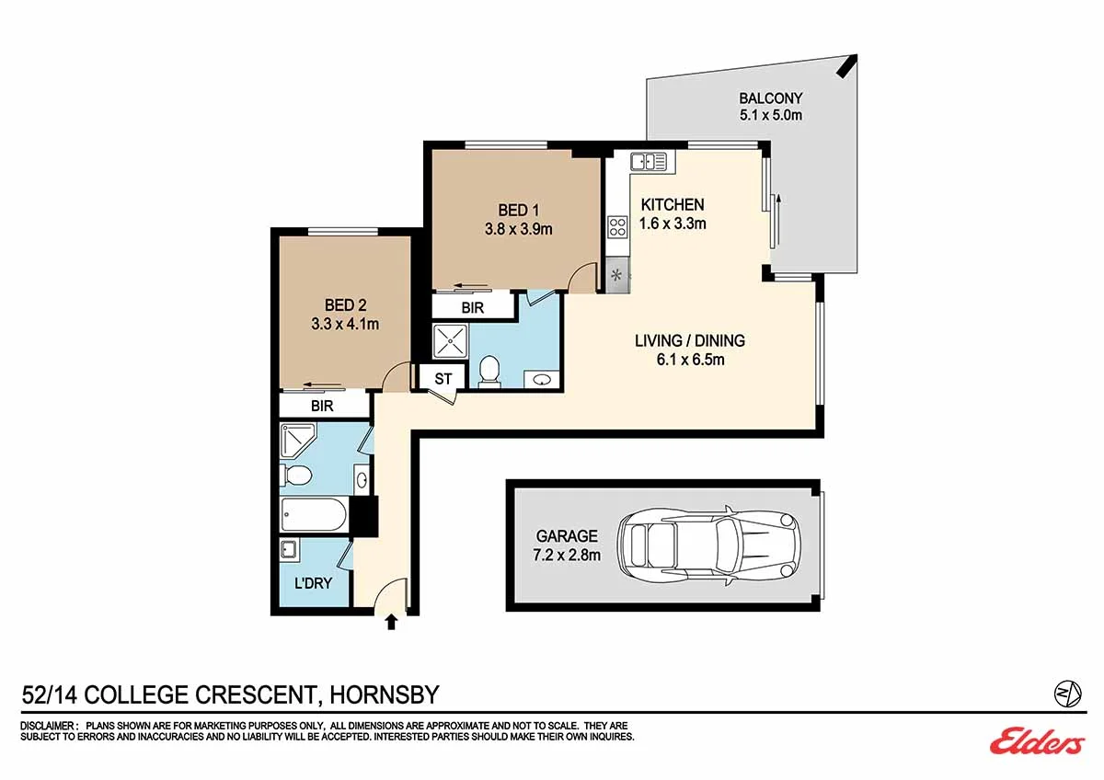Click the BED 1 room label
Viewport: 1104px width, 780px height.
[x=519, y=211]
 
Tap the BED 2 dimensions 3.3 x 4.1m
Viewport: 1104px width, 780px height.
[x=345, y=324]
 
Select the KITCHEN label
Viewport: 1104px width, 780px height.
[x=673, y=204]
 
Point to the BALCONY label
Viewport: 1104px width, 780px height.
[x=771, y=98]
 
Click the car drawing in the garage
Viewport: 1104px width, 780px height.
[x=709, y=545]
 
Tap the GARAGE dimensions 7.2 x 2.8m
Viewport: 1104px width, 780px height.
[x=567, y=556]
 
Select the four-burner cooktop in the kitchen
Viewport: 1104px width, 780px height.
[x=617, y=227]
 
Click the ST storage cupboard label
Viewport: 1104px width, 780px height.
[x=443, y=378]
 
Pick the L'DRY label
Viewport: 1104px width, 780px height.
[x=313, y=583]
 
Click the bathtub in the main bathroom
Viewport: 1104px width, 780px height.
[x=314, y=514]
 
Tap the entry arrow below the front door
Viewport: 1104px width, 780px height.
[x=391, y=622]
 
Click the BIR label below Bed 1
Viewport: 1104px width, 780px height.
[x=473, y=308]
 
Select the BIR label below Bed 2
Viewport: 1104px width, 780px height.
[x=322, y=406]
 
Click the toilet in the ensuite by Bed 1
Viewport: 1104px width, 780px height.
[x=489, y=371]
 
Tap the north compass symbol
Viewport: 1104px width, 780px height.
[x=1067, y=694]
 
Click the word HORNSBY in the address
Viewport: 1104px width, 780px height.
[x=384, y=694]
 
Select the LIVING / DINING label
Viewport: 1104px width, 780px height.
[x=690, y=340]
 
